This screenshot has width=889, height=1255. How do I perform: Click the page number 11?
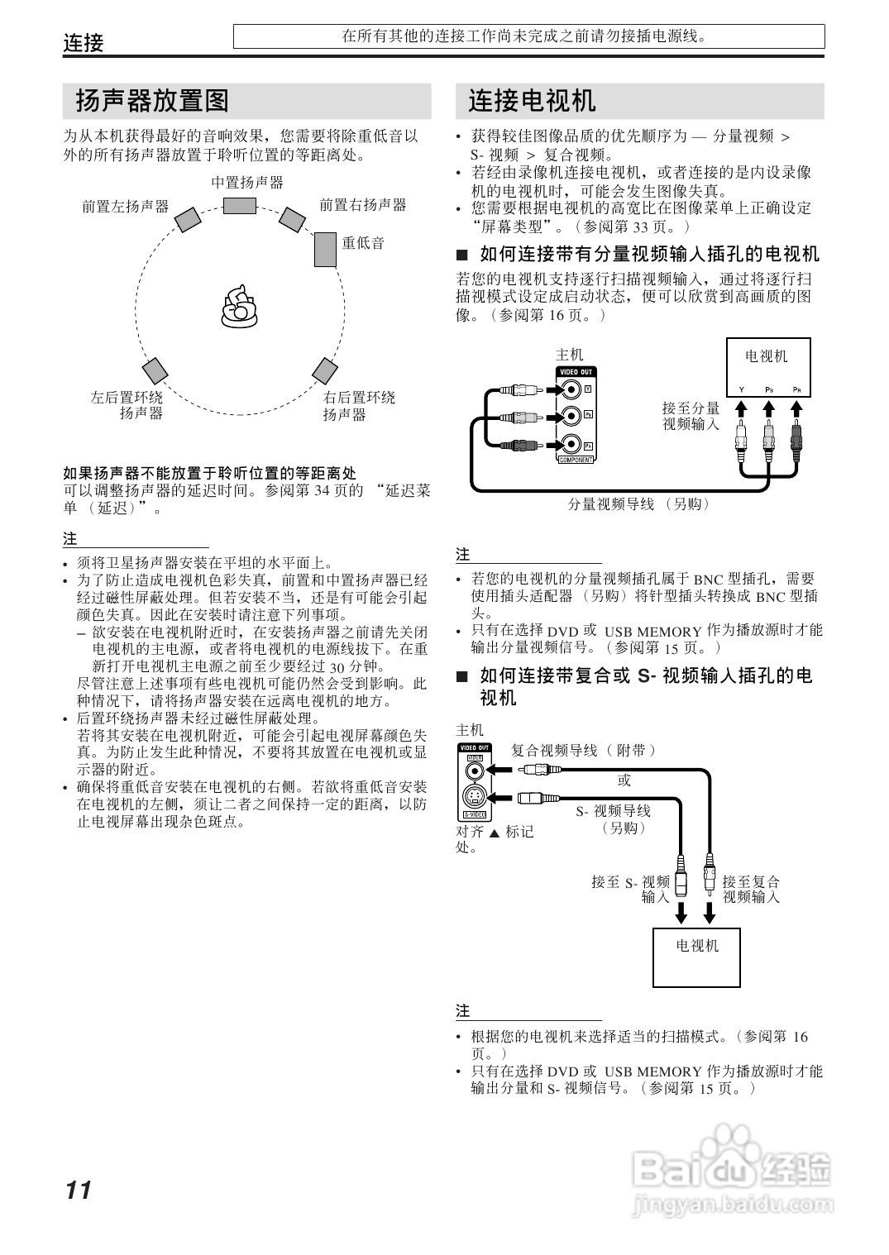tap(79, 1191)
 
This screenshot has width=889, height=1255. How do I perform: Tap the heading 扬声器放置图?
tap(152, 102)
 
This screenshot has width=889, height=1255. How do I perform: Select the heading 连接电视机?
tap(532, 102)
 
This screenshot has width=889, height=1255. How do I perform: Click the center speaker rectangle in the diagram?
tap(239, 205)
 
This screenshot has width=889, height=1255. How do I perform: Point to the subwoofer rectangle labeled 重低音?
tap(325, 249)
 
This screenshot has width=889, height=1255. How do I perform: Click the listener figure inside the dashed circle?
tap(238, 305)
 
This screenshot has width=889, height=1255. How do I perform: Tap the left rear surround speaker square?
tap(155, 371)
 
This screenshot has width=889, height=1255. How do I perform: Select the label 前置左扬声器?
tap(125, 207)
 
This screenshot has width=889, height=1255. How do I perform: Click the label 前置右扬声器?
tap(363, 205)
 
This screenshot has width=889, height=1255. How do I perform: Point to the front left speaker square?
tap(188, 220)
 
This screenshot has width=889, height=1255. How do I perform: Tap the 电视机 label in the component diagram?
tap(767, 357)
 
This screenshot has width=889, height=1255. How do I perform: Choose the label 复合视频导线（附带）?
tap(584, 751)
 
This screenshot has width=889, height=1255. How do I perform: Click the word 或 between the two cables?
tap(624, 780)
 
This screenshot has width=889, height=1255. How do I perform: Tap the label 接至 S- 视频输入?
tap(631, 889)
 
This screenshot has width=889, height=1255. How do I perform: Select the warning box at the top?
tap(528, 36)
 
